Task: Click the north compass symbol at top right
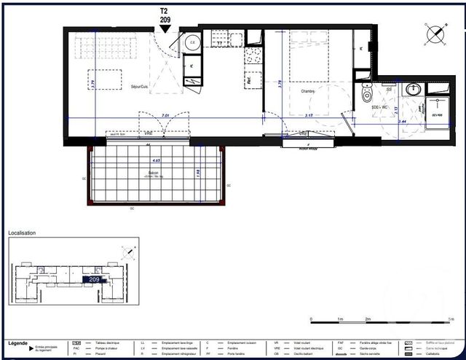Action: pos(435,33)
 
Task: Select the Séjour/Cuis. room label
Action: pos(139,87)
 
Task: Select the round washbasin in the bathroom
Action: pos(414,89)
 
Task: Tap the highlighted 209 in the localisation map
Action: pos(94,279)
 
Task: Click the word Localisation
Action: pos(22,233)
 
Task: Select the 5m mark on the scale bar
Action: pos(451,320)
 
